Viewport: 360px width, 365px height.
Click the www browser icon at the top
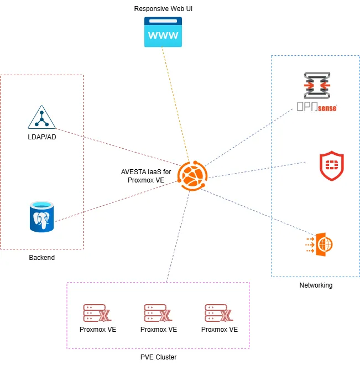click(162, 32)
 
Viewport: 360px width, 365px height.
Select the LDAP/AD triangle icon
click(42, 117)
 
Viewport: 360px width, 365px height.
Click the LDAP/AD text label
click(42, 137)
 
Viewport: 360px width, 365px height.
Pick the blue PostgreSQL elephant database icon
click(42, 217)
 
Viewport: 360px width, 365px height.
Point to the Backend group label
click(42, 258)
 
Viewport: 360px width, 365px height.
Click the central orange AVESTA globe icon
click(192, 176)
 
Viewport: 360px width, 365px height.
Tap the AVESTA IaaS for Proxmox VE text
click(146, 176)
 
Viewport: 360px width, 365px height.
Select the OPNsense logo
click(316, 92)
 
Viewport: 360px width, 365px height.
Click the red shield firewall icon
click(331, 165)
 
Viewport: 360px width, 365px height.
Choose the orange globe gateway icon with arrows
click(320, 243)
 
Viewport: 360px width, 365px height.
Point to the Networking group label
click(316, 285)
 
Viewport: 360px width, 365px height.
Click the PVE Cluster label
click(158, 357)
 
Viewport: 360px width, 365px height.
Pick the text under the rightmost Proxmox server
click(219, 330)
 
